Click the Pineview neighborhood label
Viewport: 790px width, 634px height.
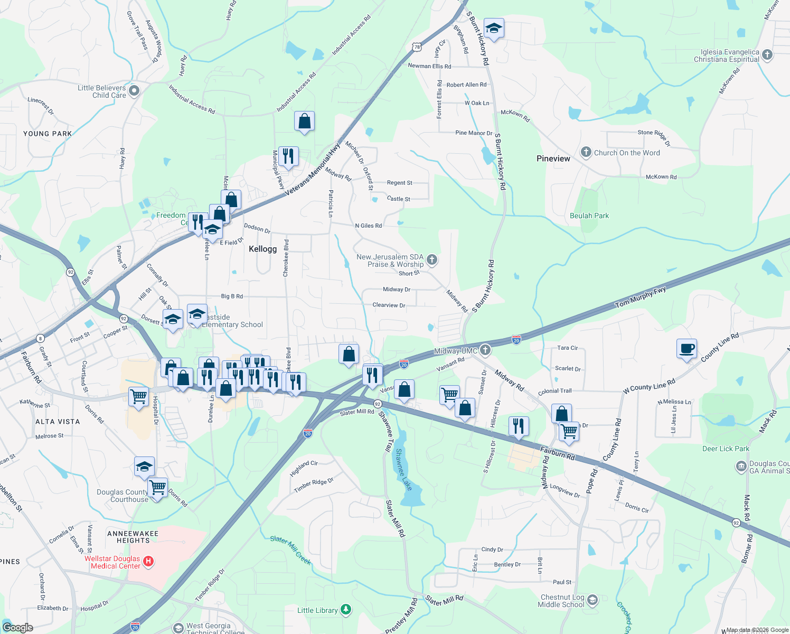click(x=553, y=158)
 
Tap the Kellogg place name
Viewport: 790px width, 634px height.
click(x=262, y=249)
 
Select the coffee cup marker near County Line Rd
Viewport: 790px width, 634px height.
click(x=686, y=349)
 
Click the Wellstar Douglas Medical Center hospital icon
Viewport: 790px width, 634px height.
click(x=148, y=562)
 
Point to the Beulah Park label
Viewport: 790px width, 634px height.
click(x=589, y=216)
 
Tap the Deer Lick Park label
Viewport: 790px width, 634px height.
click(x=726, y=449)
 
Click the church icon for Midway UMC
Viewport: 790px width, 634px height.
click(x=485, y=350)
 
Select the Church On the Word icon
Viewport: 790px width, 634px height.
click(x=586, y=153)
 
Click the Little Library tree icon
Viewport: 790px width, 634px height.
click(x=345, y=610)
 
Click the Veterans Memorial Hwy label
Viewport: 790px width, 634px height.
click(x=313, y=169)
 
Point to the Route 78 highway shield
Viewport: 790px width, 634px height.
click(x=417, y=47)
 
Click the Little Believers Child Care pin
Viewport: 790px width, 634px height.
click(x=134, y=91)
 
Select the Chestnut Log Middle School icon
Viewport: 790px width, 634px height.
click(x=592, y=600)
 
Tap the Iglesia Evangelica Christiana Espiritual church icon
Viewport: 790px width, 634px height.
click(x=767, y=54)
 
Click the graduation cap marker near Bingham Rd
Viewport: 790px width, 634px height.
click(x=494, y=29)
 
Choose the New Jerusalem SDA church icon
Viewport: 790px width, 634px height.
click(x=432, y=259)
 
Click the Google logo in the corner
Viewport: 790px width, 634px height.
click(x=17, y=627)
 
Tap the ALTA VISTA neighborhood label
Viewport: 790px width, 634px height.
click(x=58, y=422)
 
